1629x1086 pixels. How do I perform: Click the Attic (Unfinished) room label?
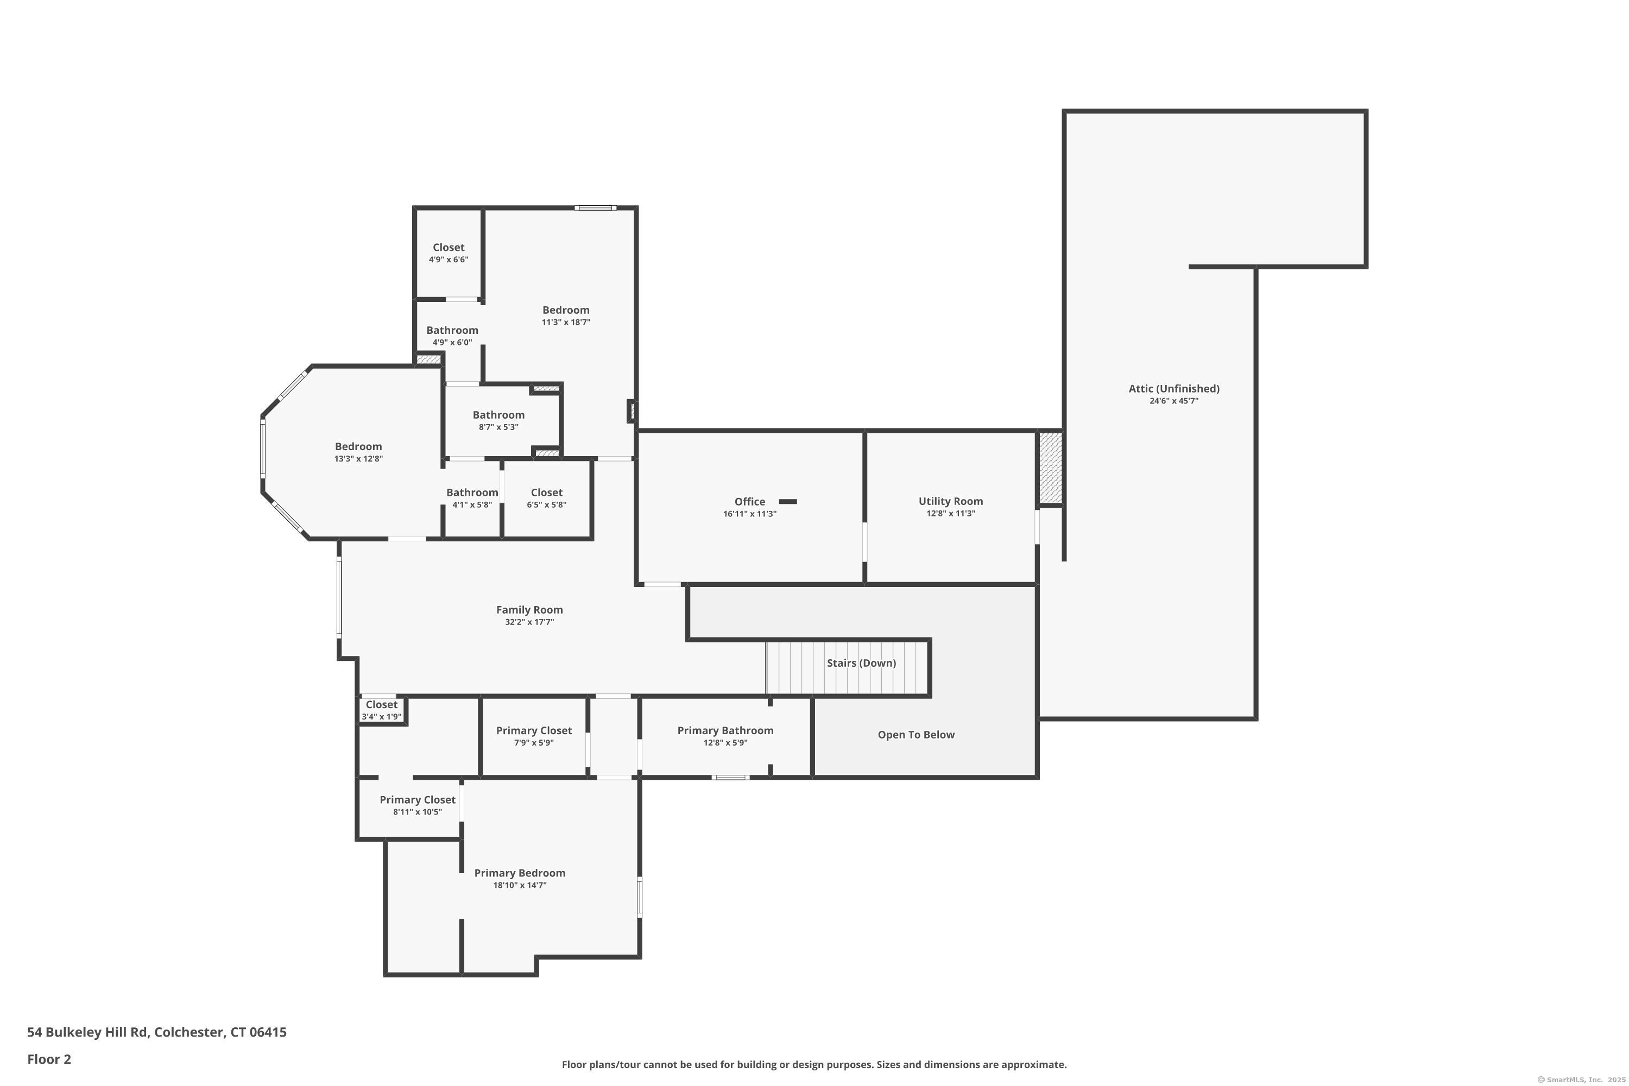coord(1173,389)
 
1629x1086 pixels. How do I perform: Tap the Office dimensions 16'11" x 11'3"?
coord(749,514)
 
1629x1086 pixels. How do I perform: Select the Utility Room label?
coord(950,501)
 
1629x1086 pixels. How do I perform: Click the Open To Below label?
coord(915,735)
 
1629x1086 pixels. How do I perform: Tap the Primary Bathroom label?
coord(724,731)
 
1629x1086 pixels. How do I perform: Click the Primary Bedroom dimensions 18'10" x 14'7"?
coord(520,885)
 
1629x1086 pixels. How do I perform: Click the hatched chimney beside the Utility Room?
coord(1050,468)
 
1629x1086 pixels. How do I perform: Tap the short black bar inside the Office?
coord(787,501)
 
